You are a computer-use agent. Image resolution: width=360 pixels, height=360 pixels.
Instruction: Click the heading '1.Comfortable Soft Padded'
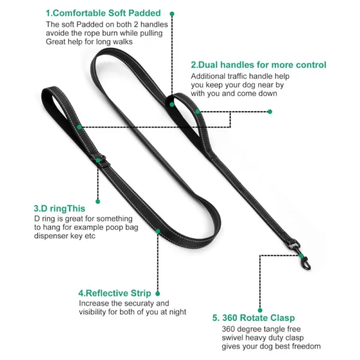(103, 13)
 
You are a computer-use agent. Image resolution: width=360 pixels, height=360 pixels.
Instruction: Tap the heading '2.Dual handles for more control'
(259, 65)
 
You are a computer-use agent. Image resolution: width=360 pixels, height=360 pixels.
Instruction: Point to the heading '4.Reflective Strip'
(115, 293)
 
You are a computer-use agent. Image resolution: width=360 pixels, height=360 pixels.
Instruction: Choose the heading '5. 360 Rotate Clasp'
(253, 318)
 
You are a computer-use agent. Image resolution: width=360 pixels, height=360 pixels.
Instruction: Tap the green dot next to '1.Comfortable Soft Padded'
(173, 13)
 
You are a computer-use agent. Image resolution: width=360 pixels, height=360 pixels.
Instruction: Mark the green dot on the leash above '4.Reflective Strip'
(158, 230)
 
